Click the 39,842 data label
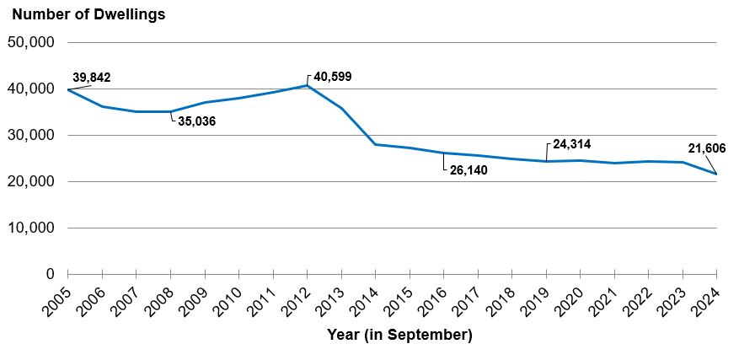click(92, 78)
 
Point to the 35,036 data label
click(196, 121)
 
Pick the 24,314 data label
click(571, 144)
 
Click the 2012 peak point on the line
click(307, 85)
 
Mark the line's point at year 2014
click(375, 144)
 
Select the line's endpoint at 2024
click(716, 174)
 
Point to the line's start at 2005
click(68, 89)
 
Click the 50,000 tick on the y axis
click(31, 42)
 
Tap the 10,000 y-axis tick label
click(31, 228)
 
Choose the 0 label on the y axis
click(50, 274)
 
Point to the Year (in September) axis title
click(399, 336)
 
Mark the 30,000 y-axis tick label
click(31, 135)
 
